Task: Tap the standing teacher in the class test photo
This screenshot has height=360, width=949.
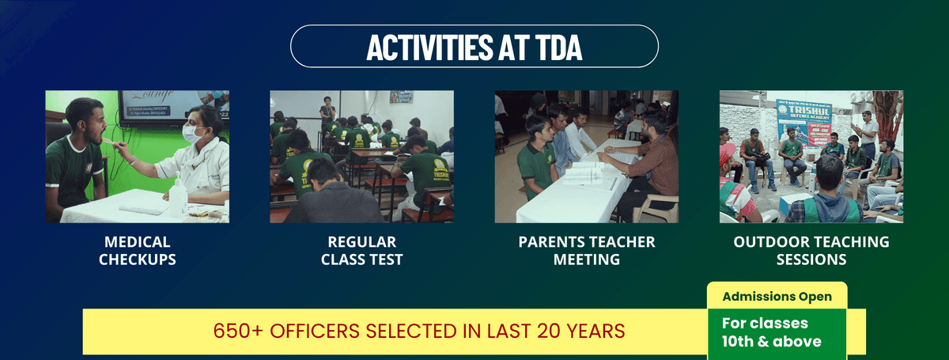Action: tap(327, 112)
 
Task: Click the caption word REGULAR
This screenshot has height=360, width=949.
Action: tap(361, 241)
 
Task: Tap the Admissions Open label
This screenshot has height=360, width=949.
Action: tap(777, 297)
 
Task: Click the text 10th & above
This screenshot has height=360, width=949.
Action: tap(771, 341)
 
